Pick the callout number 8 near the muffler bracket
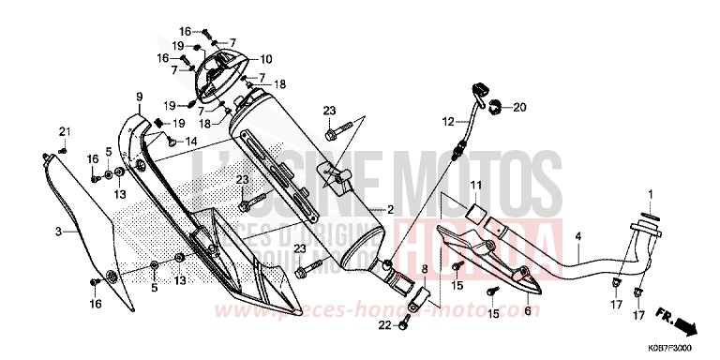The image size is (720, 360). (424, 270)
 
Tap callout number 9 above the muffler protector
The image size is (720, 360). (139, 97)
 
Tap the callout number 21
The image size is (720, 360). (65, 129)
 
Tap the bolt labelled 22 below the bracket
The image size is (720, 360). (404, 324)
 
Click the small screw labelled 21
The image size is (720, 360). (62, 150)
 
